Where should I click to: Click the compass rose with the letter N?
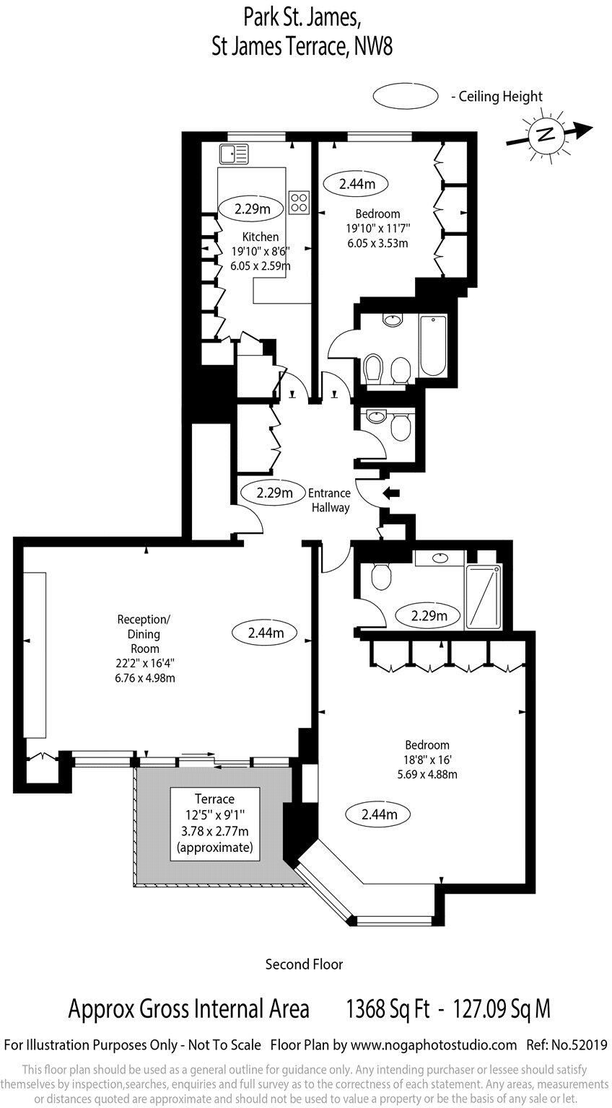pos(546,135)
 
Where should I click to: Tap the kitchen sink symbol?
pos(234,154)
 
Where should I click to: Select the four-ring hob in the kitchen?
pos(299,202)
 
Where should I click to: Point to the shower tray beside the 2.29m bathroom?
pos(484,597)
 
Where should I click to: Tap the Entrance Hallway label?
pos(330,500)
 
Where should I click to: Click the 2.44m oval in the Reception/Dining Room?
pos(265,633)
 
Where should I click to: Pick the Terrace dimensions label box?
pos(214,823)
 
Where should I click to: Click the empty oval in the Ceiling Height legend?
pos(406,95)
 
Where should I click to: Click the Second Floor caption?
pos(304,964)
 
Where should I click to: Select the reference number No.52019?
pos(585,1045)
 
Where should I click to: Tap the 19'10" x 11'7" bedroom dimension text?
pos(377,229)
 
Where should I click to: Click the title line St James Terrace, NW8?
pos(302,47)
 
